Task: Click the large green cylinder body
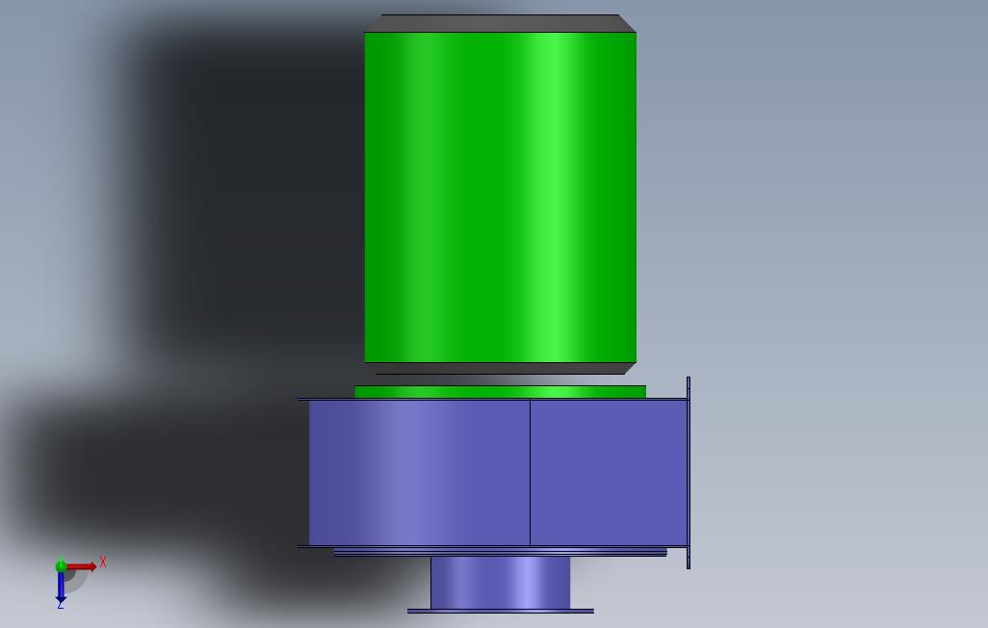(x=501, y=197)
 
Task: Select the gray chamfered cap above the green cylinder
(x=501, y=23)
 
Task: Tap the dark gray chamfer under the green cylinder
(x=501, y=368)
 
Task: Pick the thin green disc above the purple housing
(x=501, y=392)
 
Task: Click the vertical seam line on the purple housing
(x=530, y=472)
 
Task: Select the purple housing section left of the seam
(x=419, y=472)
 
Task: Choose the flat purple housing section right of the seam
(x=609, y=472)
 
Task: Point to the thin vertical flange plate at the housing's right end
(x=689, y=473)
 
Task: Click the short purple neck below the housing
(x=501, y=583)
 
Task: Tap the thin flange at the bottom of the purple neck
(x=501, y=611)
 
